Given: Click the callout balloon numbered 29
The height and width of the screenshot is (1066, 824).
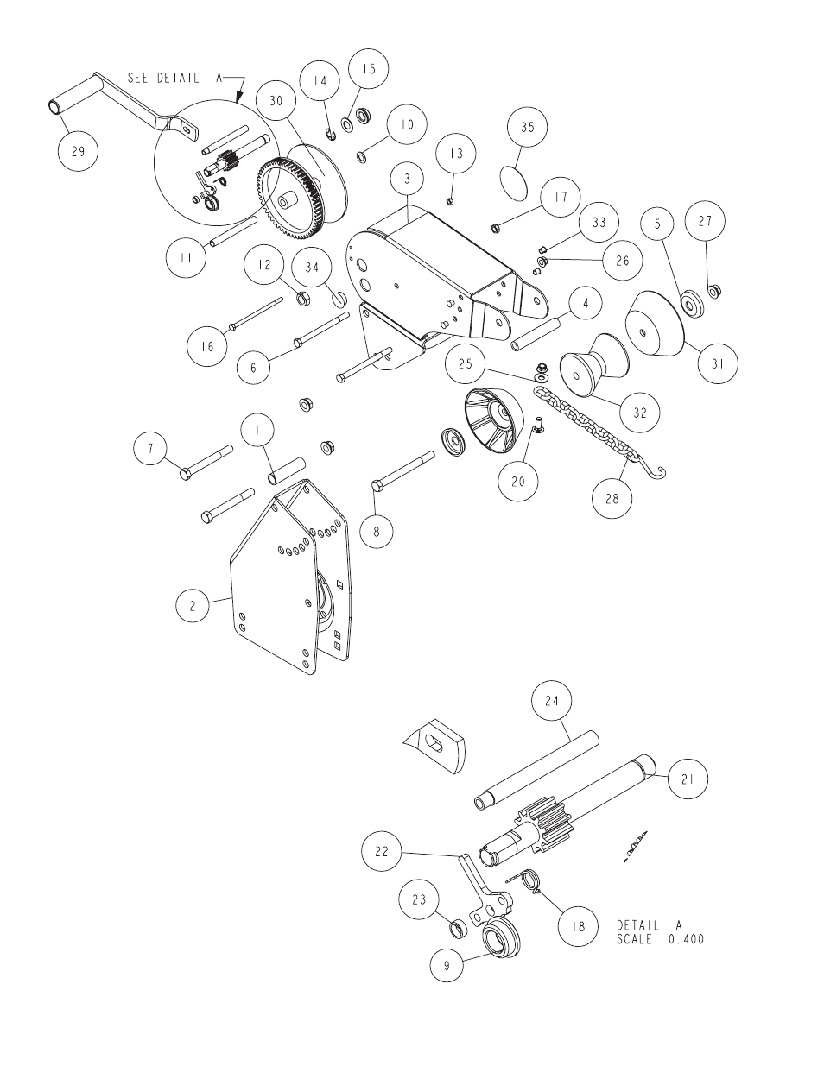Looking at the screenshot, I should pos(78,152).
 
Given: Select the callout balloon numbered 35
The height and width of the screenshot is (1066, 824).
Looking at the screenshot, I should pos(528,128).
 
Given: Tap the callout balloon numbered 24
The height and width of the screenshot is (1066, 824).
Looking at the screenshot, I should pos(552,702).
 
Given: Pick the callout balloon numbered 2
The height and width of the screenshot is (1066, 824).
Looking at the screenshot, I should pos(193,606).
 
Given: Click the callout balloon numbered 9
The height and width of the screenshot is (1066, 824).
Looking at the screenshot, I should pos(447,965).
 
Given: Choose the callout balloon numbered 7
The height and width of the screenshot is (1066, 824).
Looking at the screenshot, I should pos(150,448).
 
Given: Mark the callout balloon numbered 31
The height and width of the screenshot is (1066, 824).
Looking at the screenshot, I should pos(717,364).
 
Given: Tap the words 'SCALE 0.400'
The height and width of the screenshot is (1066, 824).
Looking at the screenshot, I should pos(660,939).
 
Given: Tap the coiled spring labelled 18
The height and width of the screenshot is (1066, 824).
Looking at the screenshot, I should pos(529,880).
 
